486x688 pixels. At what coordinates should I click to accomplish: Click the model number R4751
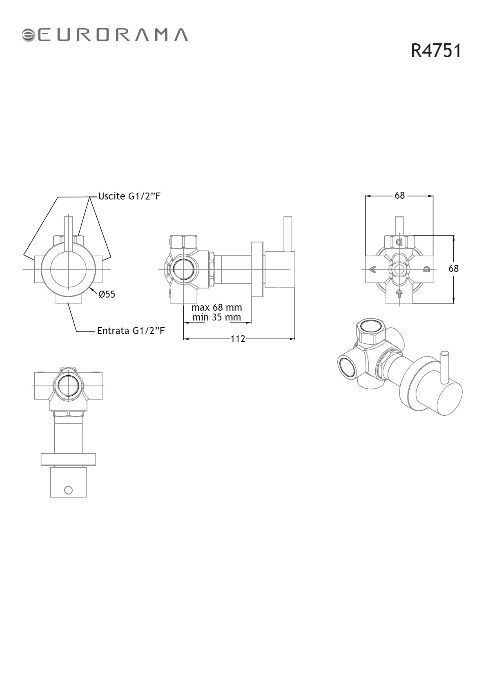436,51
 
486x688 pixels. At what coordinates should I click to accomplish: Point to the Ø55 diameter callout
107,294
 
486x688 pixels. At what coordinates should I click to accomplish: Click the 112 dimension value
238,339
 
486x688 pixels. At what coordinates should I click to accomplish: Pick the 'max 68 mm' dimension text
216,307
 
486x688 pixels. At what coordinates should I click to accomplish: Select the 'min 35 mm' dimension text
216,317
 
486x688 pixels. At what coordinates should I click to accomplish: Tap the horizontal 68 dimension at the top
399,195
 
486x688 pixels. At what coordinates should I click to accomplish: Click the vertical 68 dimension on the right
453,269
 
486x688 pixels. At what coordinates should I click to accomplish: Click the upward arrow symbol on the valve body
399,294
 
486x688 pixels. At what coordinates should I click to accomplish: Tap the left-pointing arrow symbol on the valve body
372,270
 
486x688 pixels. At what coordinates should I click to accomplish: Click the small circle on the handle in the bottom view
69,490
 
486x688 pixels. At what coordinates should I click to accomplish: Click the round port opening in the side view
183,269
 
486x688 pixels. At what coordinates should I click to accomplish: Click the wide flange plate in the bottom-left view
69,459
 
